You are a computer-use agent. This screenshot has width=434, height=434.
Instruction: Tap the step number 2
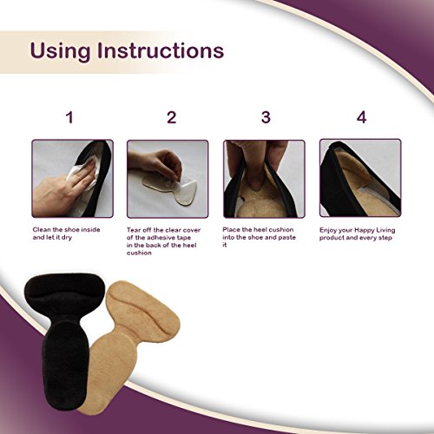[171, 118]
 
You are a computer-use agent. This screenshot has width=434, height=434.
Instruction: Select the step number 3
[265, 118]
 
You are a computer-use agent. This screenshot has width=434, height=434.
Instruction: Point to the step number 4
[361, 118]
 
